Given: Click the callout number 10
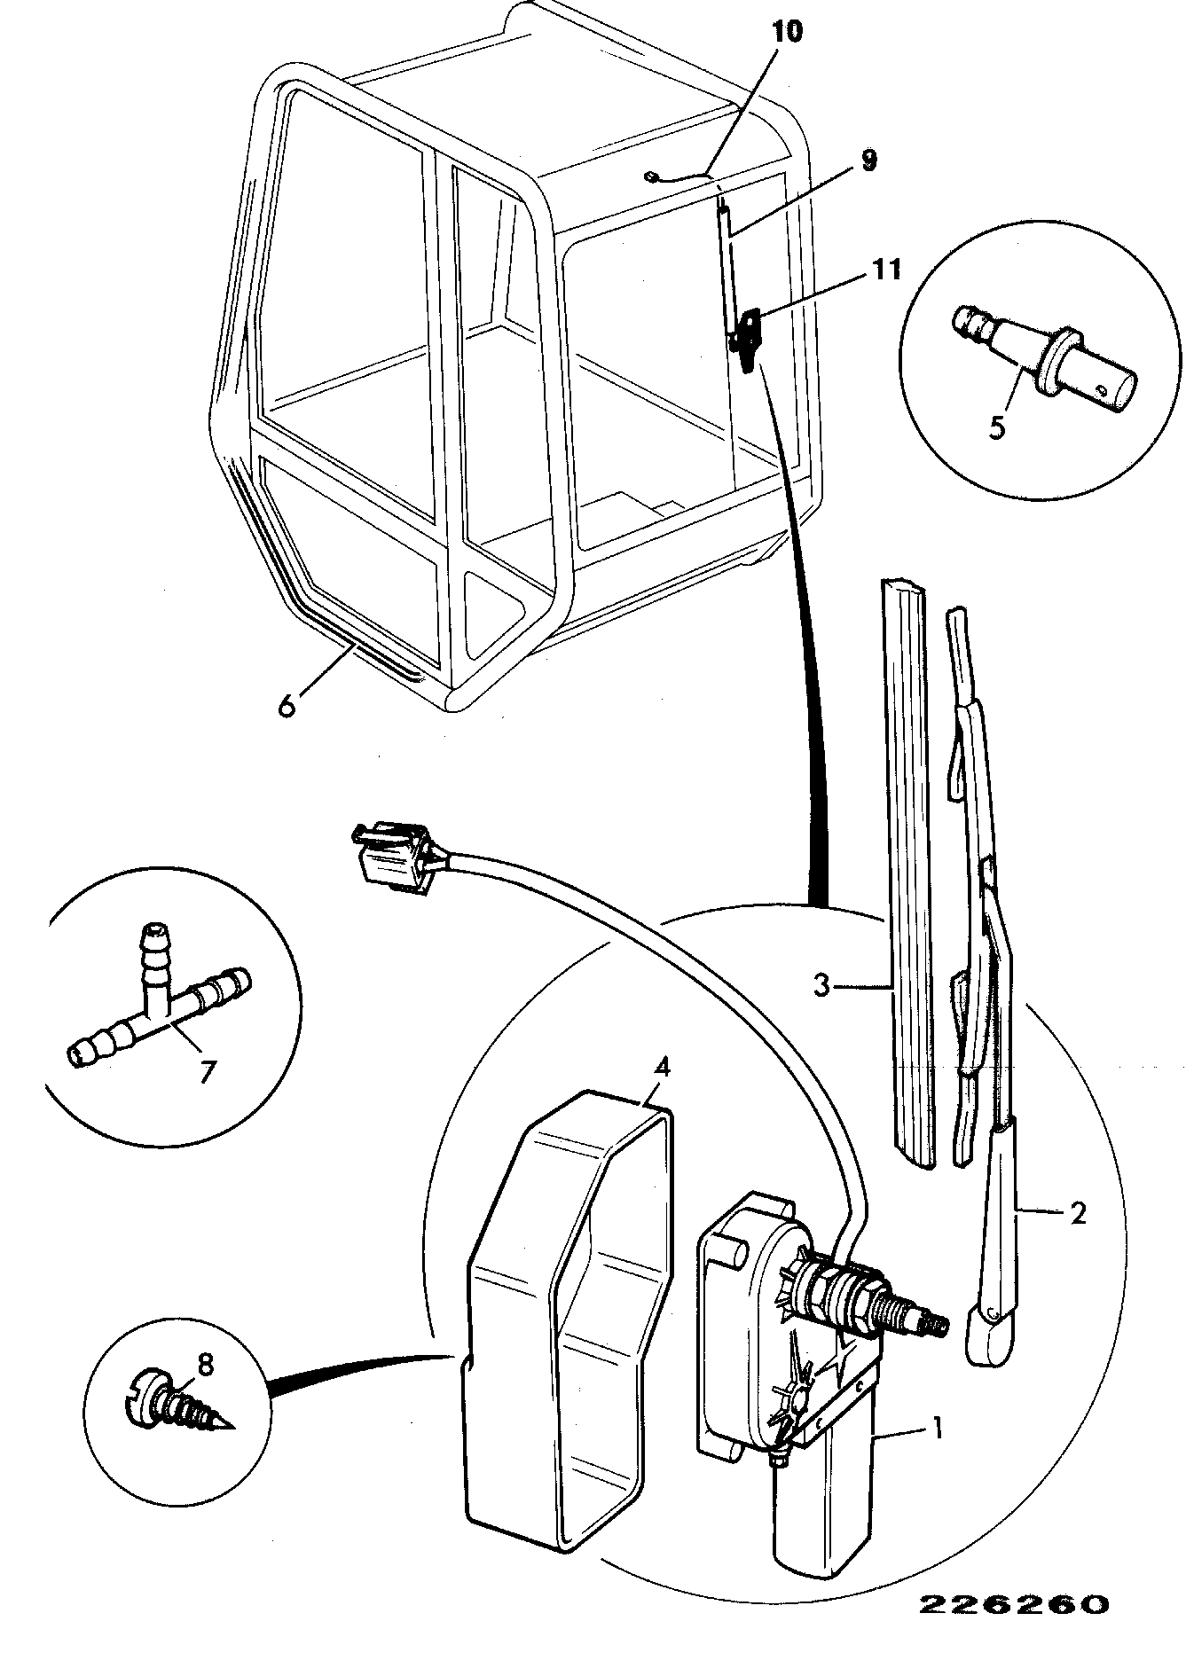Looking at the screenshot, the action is (786, 32).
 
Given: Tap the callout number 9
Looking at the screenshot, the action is (868, 161).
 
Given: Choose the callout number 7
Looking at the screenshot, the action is (206, 1071).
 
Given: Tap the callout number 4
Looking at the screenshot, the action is (662, 1067).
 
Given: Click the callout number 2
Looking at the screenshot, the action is (1077, 1212).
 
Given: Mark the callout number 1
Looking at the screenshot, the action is (935, 1429).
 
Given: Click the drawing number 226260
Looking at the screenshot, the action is (1013, 1604).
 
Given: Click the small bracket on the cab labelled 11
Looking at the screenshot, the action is (749, 333).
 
